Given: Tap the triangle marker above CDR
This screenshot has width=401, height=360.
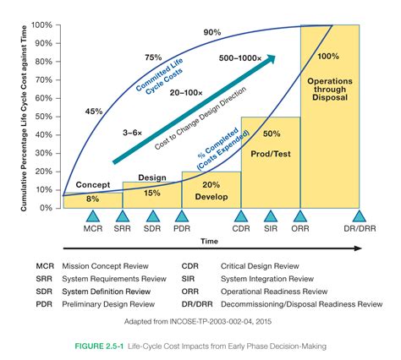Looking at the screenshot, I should click(241, 216).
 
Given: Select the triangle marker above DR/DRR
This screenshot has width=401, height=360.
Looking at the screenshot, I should click(359, 216).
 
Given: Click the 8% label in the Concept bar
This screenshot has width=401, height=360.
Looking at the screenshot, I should click(93, 199).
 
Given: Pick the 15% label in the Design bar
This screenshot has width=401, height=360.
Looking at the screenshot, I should click(151, 192).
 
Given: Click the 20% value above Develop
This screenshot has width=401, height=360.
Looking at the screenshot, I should click(211, 185).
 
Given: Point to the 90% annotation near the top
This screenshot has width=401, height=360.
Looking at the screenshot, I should click(211, 31).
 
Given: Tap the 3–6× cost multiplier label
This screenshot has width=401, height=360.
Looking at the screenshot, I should click(131, 132).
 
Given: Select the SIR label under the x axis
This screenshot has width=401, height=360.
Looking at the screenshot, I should click(270, 229).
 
